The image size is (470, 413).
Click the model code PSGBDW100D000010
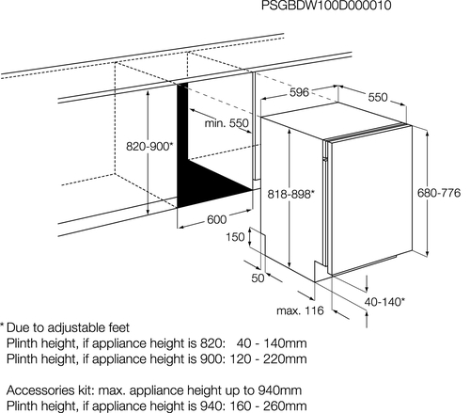pos(326,6)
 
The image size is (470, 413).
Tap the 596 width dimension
pos(299,92)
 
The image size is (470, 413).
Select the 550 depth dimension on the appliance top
pos(378,97)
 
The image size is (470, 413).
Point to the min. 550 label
pos(227,123)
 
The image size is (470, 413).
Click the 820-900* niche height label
pos(149,146)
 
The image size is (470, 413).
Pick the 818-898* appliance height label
pos(290,194)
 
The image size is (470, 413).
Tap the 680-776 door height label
pos(439,193)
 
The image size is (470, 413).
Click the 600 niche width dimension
pos(216,219)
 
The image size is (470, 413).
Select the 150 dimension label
pos(235,237)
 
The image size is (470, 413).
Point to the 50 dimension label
pos(258,278)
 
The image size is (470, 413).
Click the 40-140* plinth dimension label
pos(384,302)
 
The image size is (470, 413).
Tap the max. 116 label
pos(300,310)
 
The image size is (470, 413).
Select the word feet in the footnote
pos(118,327)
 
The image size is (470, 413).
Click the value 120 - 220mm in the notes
pos(269,358)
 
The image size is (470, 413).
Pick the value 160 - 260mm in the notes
pos(269,405)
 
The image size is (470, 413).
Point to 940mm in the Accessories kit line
pos(280,390)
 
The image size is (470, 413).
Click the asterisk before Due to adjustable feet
pos(2,326)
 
